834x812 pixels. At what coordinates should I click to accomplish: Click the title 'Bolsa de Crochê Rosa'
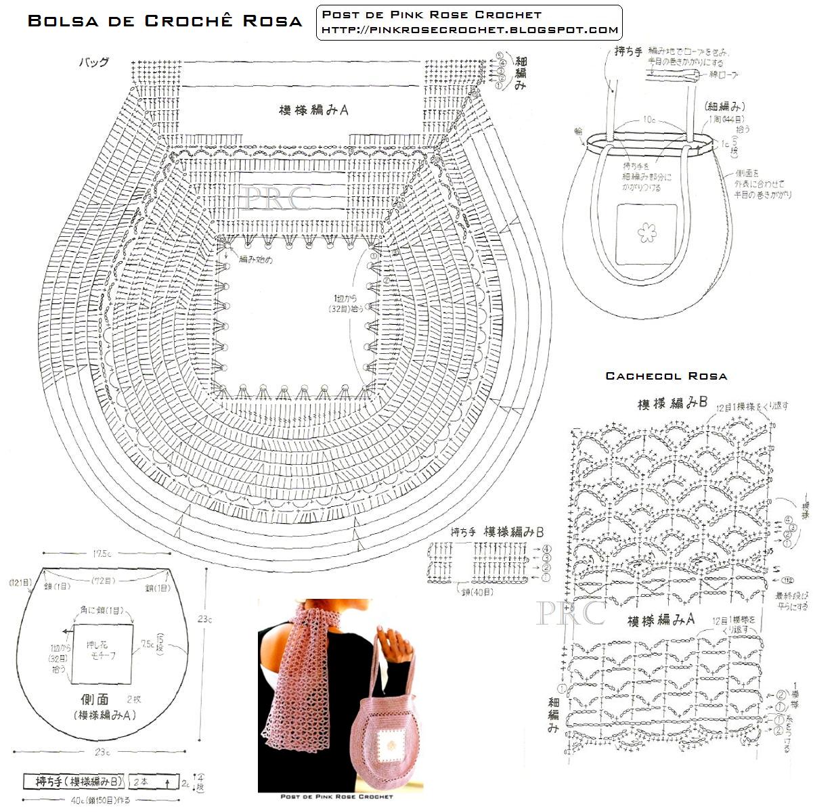click(x=164, y=21)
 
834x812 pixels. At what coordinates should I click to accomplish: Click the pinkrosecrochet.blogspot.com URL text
click(x=469, y=30)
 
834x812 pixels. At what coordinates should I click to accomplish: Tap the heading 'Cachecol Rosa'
click(x=666, y=376)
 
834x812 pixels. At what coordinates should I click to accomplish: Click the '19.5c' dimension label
click(x=103, y=554)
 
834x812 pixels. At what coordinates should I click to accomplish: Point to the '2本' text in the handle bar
click(x=141, y=782)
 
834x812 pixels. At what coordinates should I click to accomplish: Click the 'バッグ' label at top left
click(x=94, y=62)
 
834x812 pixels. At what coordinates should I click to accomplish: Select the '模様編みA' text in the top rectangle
click(x=313, y=110)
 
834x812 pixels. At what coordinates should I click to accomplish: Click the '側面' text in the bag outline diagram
click(x=92, y=699)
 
